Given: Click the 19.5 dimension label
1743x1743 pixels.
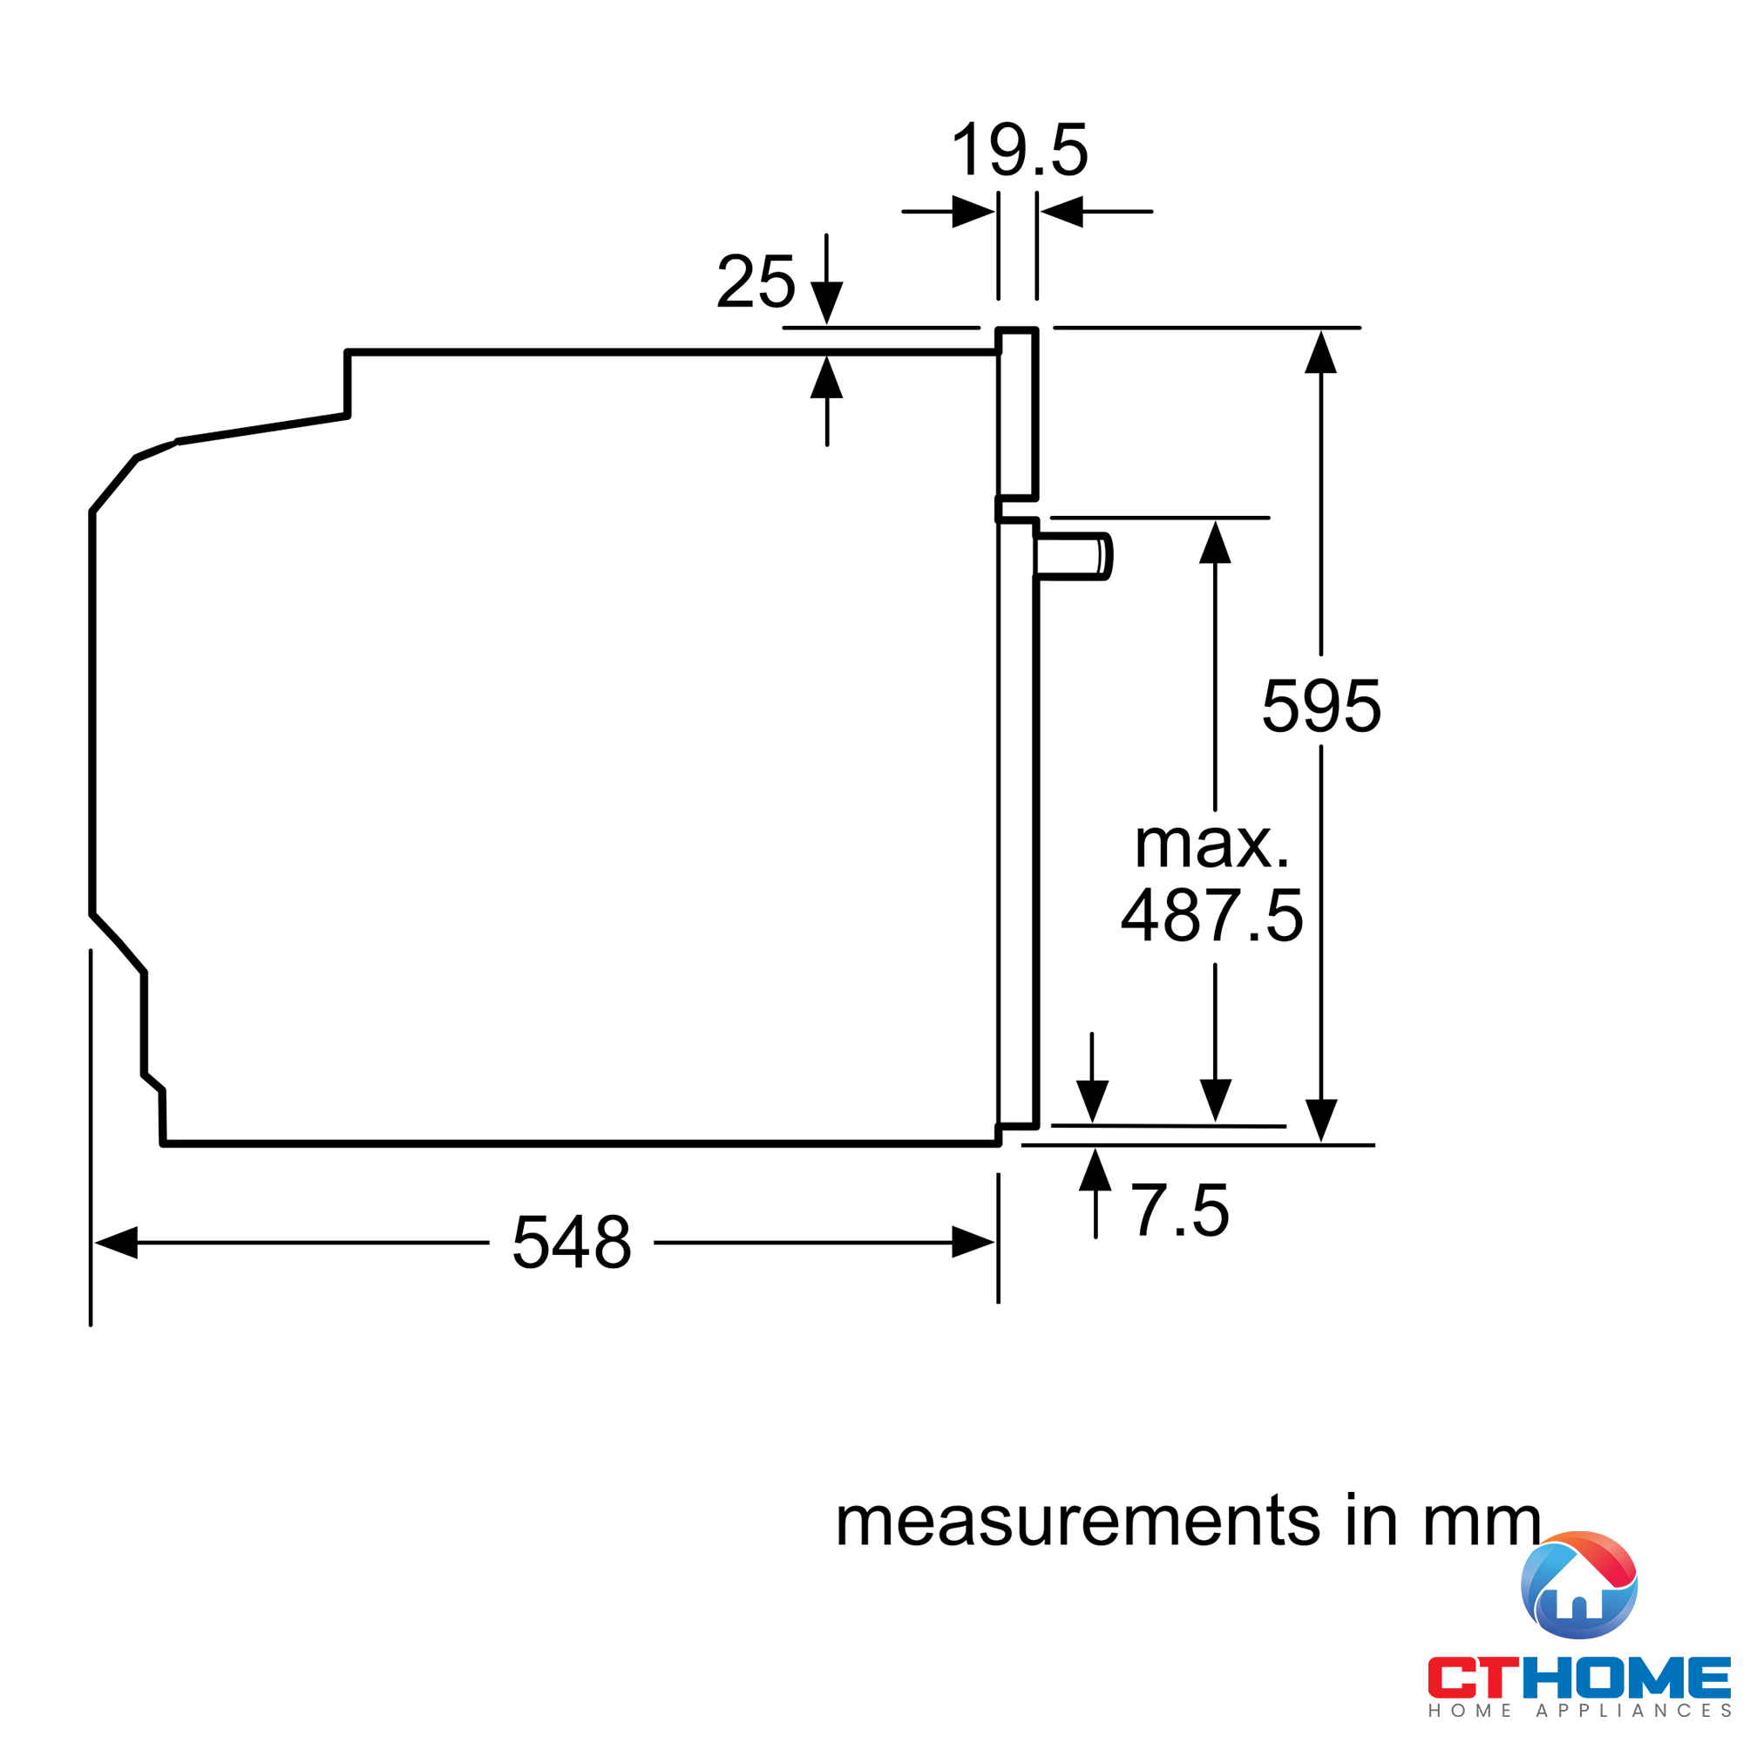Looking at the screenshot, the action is (x=1021, y=149).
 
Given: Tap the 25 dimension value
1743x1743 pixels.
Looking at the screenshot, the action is (x=756, y=281).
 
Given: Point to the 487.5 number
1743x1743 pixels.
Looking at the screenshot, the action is (x=1211, y=915).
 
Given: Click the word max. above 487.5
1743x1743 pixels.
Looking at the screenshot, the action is (x=1211, y=844).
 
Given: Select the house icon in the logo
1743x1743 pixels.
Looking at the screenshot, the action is (x=1579, y=1585).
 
